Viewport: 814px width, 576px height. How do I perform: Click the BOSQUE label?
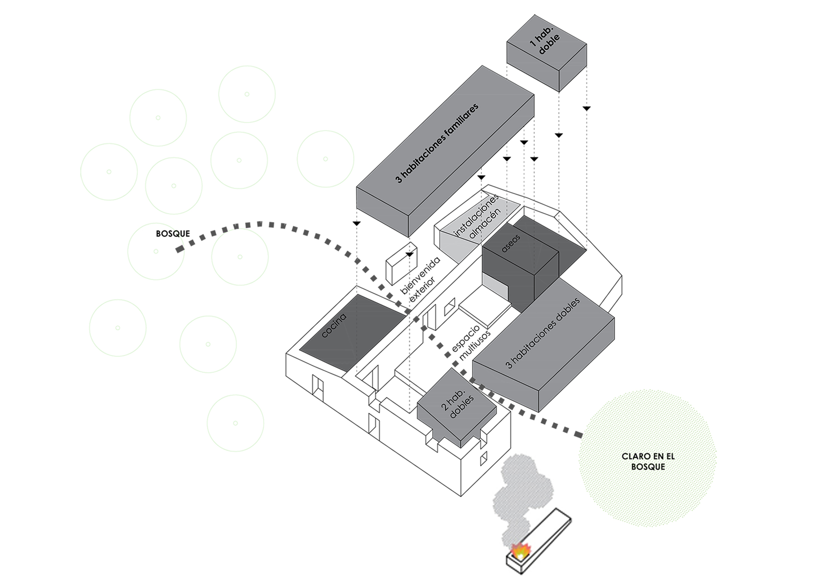click(173, 234)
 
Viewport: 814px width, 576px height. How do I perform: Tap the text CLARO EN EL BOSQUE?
click(648, 462)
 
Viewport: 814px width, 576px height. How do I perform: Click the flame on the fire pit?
click(521, 552)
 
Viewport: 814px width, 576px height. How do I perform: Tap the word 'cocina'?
click(334, 325)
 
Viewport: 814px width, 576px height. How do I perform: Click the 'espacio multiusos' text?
click(470, 343)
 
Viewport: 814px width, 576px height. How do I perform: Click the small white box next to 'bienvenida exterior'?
click(401, 264)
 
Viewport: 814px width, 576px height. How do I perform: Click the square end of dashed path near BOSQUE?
click(179, 249)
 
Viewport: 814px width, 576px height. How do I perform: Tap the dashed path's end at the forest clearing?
click(578, 435)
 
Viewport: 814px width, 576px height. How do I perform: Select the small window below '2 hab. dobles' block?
click(484, 459)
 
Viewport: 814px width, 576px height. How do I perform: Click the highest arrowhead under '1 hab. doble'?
click(586, 108)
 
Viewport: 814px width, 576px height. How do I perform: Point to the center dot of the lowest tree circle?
click(235, 423)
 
